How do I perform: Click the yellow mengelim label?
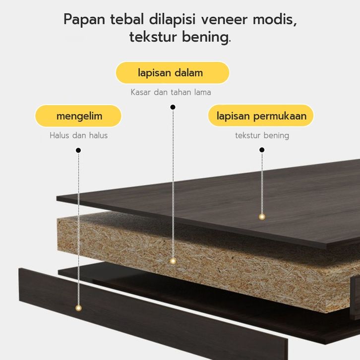click(x=79, y=116)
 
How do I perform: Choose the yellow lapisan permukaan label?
click(x=261, y=116)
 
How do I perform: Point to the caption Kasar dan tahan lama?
click(x=171, y=92)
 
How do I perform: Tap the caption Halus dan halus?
click(x=79, y=135)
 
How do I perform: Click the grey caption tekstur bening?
click(x=262, y=135)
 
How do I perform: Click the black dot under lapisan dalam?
click(x=173, y=107)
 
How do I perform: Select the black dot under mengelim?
click(x=78, y=150)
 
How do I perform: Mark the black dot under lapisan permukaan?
click(x=262, y=150)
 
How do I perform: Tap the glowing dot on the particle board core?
click(x=173, y=261)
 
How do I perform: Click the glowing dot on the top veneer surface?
click(x=262, y=217)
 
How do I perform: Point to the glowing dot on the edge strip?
click(x=78, y=308)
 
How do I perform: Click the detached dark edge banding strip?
click(x=149, y=317)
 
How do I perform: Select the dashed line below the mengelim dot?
click(x=78, y=228)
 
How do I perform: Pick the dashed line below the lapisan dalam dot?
click(x=173, y=183)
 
